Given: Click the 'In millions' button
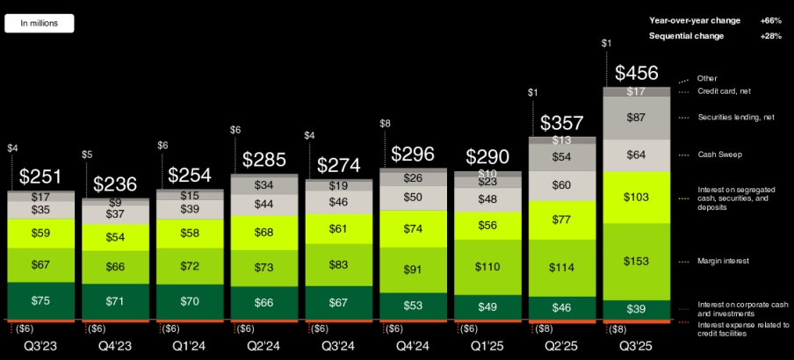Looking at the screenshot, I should point(40,24).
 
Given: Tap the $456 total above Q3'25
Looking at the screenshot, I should point(637,73).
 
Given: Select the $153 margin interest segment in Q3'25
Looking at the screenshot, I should point(637,261).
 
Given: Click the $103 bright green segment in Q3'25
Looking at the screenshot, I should point(637,198).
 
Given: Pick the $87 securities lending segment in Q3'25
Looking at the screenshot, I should point(637,118).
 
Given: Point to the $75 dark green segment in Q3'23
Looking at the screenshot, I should point(40,300).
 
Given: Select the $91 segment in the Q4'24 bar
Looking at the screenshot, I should point(413,270).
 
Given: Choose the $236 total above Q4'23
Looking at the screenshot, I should point(115,184).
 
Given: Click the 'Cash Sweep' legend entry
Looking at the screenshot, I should point(718,155).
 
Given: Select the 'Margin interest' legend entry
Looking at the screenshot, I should point(724,261).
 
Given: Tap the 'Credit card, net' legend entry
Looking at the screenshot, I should point(725,91).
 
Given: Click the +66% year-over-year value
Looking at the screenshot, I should point(770,20).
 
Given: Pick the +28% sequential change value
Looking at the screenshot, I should point(770,36).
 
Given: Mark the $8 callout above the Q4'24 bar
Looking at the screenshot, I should point(385,124).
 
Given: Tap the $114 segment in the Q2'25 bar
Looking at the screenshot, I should point(562,268).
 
